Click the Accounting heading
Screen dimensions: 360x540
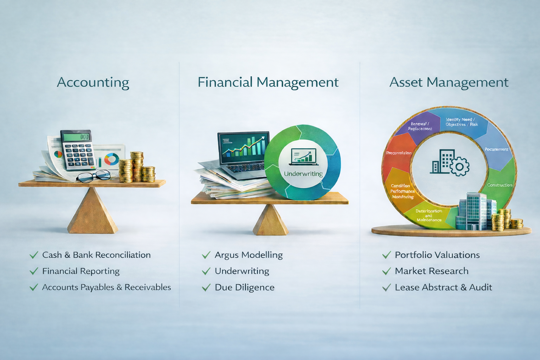coord(93,83)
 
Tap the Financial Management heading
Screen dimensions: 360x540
coord(268,83)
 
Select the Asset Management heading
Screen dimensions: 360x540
coord(449,83)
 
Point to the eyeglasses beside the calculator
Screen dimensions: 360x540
coord(94,176)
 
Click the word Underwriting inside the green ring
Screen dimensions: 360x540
coord(303,174)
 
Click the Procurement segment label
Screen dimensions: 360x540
coord(496,149)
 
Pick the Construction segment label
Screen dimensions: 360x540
coord(500,185)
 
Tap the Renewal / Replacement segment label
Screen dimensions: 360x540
coord(420,126)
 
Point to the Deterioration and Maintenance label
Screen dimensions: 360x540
coord(429,216)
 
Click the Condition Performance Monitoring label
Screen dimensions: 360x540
coord(402,191)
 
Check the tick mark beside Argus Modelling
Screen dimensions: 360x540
coord(206,255)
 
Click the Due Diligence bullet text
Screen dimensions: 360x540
coord(244,288)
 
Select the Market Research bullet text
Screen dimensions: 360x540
coord(431,271)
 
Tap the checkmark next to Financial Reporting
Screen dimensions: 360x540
coord(34,271)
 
